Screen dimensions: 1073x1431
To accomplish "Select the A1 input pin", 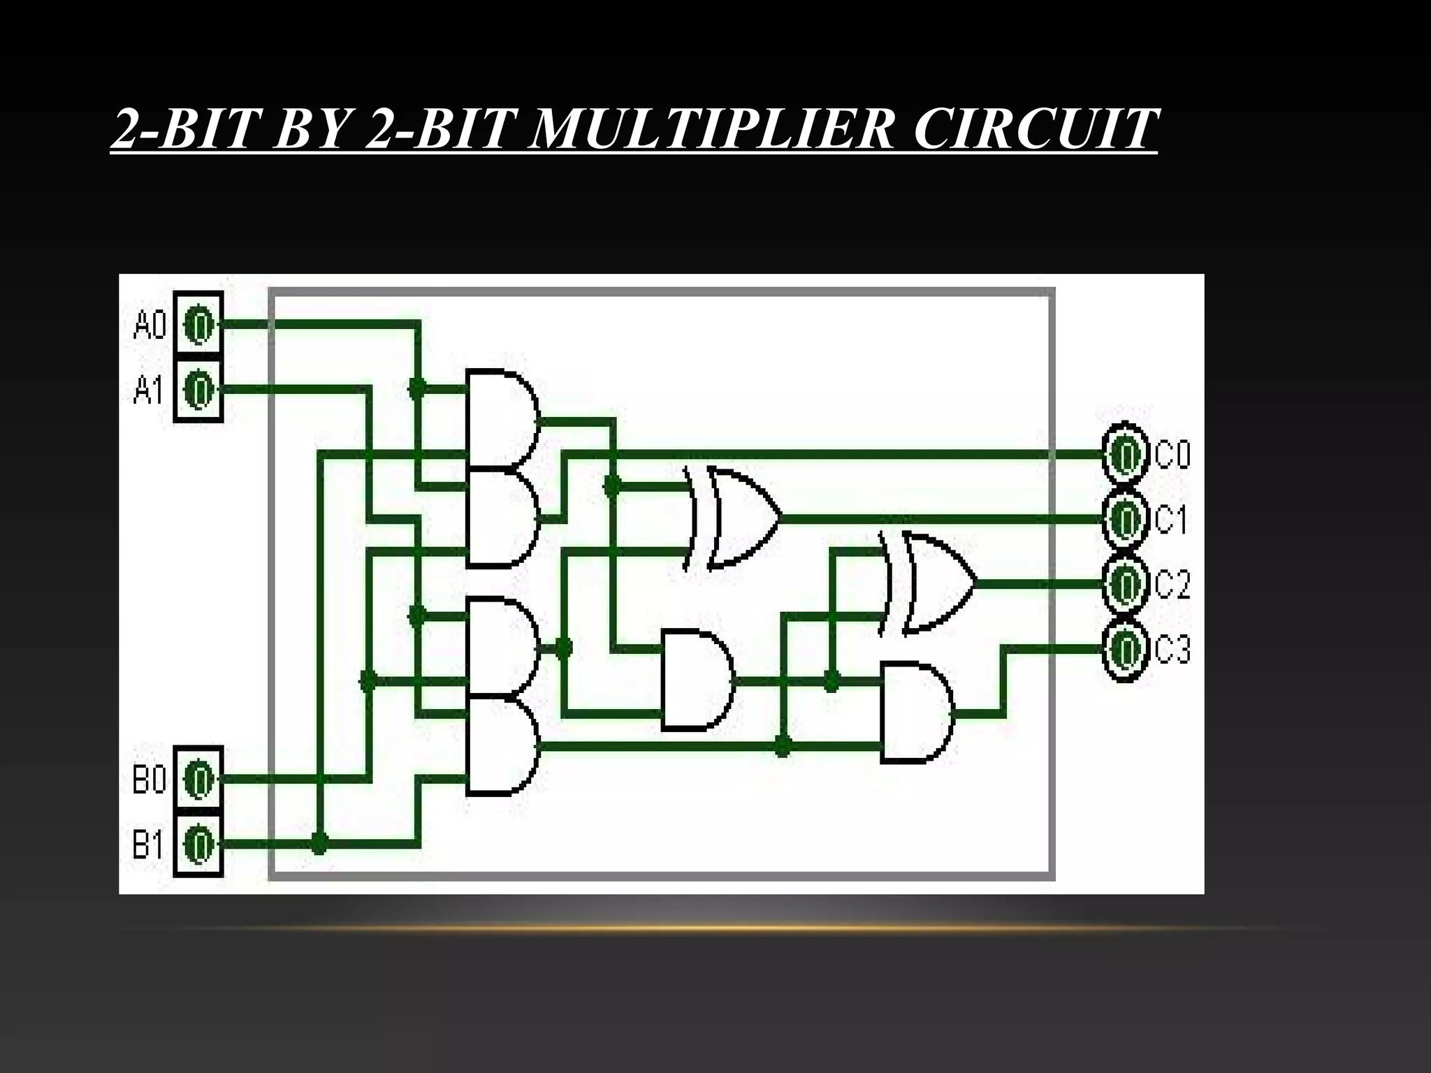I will pyautogui.click(x=199, y=389).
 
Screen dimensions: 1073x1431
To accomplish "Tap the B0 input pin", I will pyautogui.click(x=199, y=778).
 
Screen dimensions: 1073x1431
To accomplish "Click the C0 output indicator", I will pyautogui.click(x=1125, y=455).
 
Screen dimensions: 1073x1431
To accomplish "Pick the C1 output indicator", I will pyautogui.click(x=1125, y=519).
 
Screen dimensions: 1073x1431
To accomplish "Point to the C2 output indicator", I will pyautogui.click(x=1125, y=583).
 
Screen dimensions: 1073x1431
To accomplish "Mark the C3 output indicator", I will pyautogui.click(x=1125, y=649).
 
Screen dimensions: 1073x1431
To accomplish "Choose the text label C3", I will pyautogui.click(x=1172, y=650).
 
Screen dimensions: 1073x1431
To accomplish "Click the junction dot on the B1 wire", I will pyautogui.click(x=319, y=843).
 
